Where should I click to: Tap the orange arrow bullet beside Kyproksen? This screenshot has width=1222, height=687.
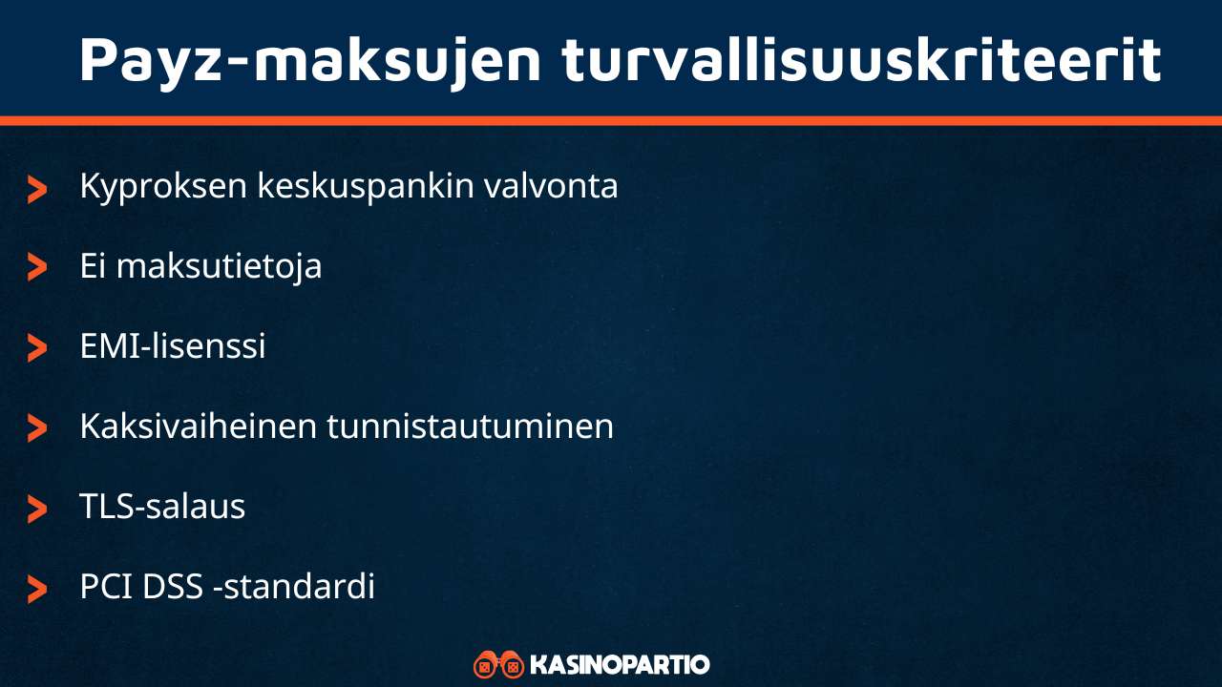coord(37,189)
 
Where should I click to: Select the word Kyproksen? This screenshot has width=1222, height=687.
coord(162,186)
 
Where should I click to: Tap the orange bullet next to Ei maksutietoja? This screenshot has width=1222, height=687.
coord(37,268)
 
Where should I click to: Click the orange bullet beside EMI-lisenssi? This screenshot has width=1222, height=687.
coord(37,348)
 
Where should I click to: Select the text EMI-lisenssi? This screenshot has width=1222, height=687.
coord(173,345)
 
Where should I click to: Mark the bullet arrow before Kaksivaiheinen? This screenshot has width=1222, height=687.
coord(37,428)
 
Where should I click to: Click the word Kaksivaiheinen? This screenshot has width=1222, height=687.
coord(198,426)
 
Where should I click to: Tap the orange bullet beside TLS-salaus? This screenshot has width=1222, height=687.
coord(37,509)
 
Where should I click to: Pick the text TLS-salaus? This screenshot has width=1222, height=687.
coord(162,506)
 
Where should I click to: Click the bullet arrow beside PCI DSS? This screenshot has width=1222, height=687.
coord(37,589)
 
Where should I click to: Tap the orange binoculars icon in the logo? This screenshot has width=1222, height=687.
coord(498,664)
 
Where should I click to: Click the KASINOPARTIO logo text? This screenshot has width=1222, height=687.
coord(619,664)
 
